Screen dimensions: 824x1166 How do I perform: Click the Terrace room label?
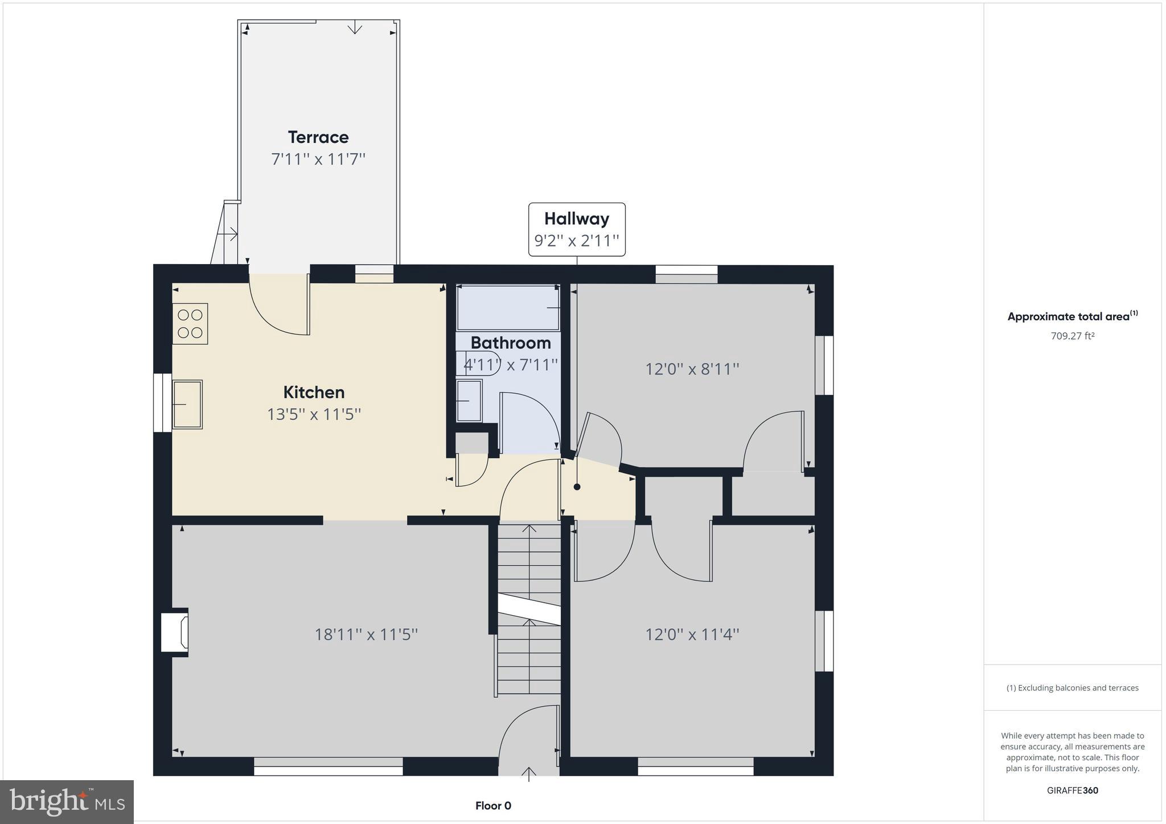(318, 137)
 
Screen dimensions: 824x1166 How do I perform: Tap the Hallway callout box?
(577, 229)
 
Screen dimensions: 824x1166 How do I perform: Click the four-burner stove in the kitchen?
(190, 324)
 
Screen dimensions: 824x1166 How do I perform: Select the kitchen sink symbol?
(187, 404)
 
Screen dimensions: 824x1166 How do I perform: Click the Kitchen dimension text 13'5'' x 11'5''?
(314, 414)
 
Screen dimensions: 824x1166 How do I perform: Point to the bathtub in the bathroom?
(508, 308)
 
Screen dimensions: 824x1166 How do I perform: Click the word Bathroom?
(510, 343)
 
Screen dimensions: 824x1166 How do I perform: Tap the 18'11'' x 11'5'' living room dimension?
(366, 634)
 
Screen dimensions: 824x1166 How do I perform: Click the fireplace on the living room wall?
(175, 632)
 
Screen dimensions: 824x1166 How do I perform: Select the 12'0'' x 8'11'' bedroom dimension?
(692, 369)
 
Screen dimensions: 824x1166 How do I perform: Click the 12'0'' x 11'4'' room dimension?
(692, 634)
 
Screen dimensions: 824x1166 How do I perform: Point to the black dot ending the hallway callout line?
(577, 487)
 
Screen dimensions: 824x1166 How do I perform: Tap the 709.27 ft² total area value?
(1072, 336)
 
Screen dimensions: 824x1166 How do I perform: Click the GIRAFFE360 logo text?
(1072, 790)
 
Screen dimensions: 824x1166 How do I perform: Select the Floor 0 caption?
(493, 805)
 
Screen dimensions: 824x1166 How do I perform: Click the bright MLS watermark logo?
(67, 802)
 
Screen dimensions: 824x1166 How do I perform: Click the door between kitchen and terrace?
(279, 307)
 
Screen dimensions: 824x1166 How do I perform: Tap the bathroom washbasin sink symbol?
(469, 401)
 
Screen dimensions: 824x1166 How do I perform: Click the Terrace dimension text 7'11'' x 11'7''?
(318, 159)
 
